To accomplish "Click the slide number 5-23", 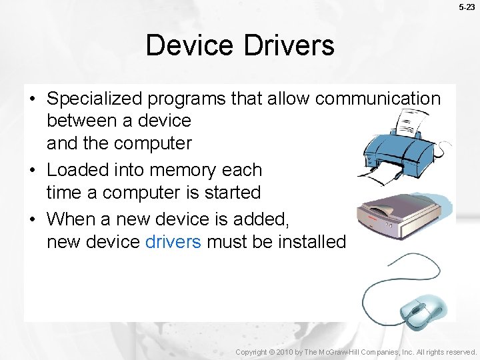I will (467, 7).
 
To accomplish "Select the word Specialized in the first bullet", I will (95, 99).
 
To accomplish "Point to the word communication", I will (378, 99).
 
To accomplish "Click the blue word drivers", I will (173, 241).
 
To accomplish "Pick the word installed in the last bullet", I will (313, 241).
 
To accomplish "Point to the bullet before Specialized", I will (32, 99).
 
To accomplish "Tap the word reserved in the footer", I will (460, 351).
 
